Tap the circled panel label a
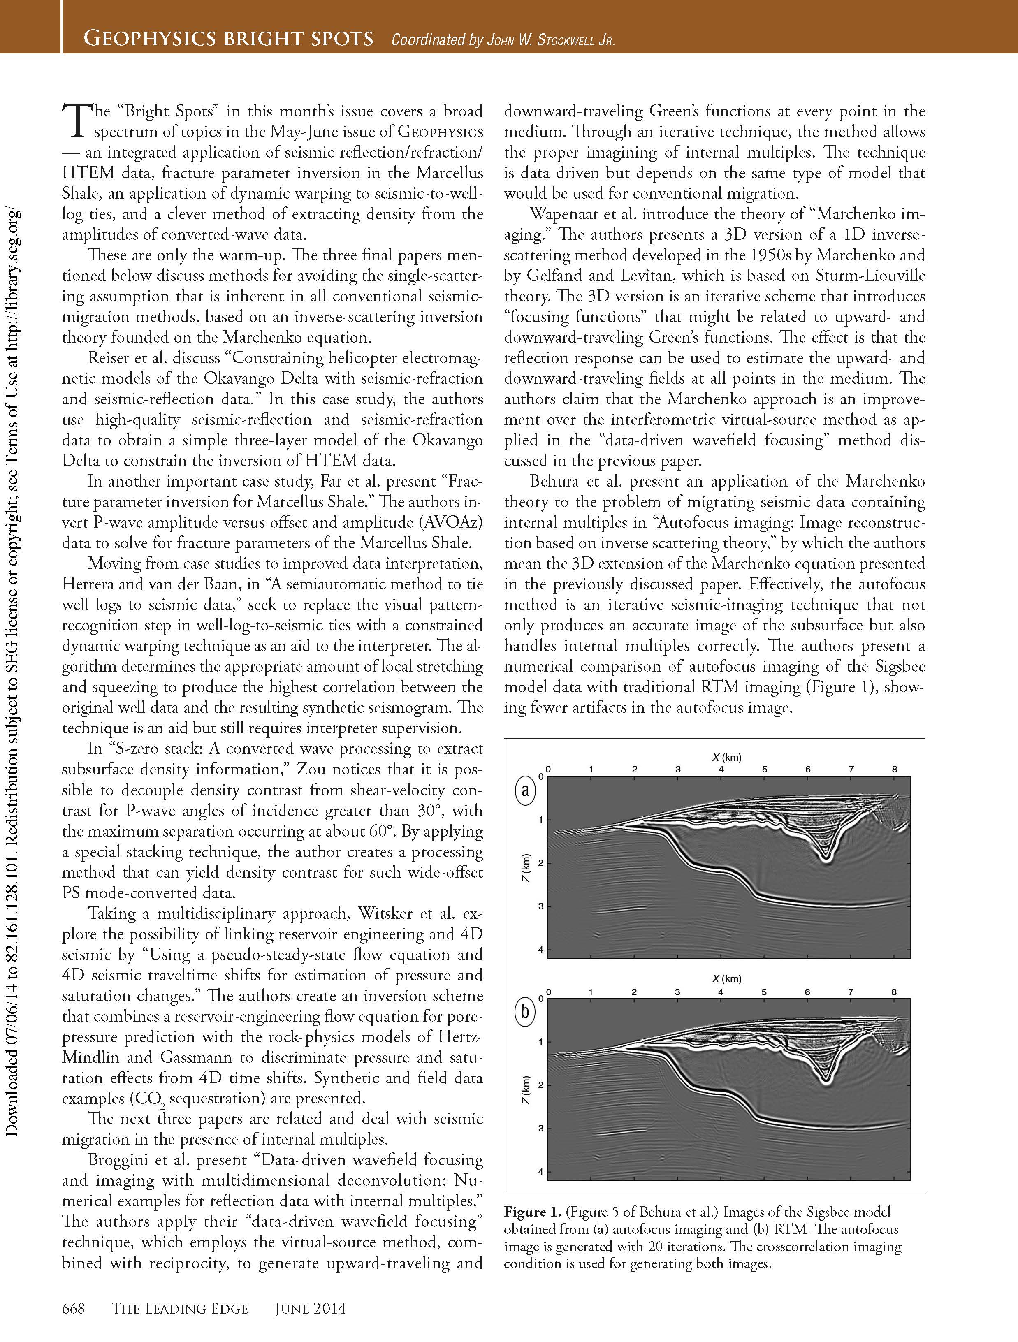tap(525, 790)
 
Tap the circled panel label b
tap(525, 1012)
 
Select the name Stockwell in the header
tap(559, 40)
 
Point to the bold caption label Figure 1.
tap(532, 1212)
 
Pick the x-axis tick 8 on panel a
tap(894, 769)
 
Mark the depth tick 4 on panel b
tap(540, 1172)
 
